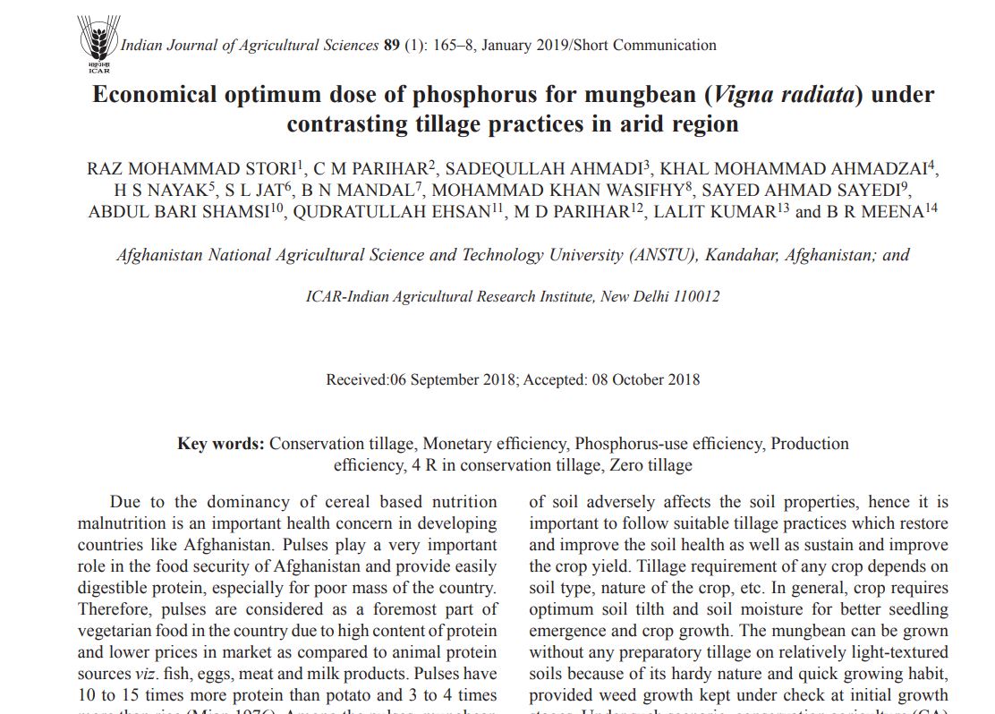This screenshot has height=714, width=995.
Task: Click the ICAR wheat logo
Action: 98,43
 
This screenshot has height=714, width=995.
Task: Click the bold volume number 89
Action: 391,46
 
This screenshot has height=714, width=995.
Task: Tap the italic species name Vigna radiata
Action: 784,95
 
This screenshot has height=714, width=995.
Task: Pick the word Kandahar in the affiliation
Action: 743,255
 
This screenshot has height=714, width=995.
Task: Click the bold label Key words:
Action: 220,444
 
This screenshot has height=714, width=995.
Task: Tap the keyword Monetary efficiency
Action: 495,444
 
